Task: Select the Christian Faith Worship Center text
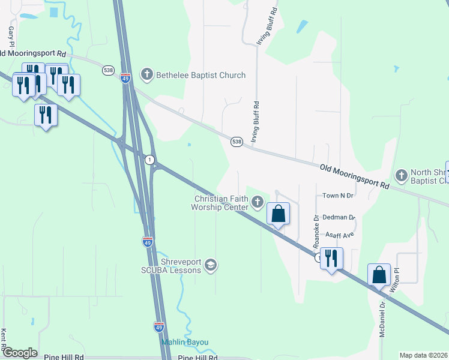pyautogui.click(x=221, y=203)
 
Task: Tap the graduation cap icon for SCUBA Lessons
pyautogui.click(x=211, y=264)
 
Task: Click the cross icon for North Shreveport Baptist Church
pyautogui.click(x=401, y=176)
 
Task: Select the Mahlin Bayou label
pyautogui.click(x=185, y=342)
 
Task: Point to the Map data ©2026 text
pyautogui.click(x=423, y=355)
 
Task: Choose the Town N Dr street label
pyautogui.click(x=339, y=196)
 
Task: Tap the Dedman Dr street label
pyautogui.click(x=339, y=218)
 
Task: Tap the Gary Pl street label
pyautogui.click(x=11, y=37)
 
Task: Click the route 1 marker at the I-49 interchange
pyautogui.click(x=149, y=160)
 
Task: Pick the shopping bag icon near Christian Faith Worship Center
pyautogui.click(x=279, y=214)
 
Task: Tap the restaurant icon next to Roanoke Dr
pyautogui.click(x=331, y=259)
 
